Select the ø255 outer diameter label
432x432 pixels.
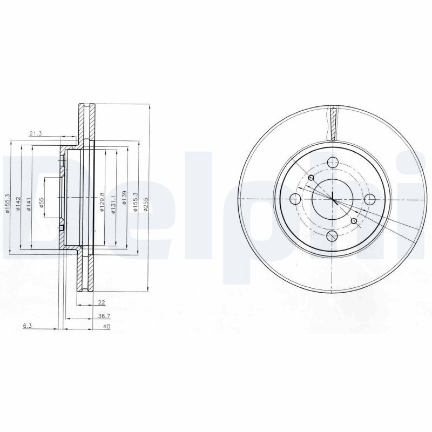(146, 204)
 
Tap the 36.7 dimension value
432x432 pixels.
(101, 316)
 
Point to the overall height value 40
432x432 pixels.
(106, 327)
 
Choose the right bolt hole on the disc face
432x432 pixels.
(371, 199)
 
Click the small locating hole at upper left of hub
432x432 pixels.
(310, 178)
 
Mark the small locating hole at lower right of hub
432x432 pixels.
(354, 221)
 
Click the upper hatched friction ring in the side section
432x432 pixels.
(85, 123)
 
